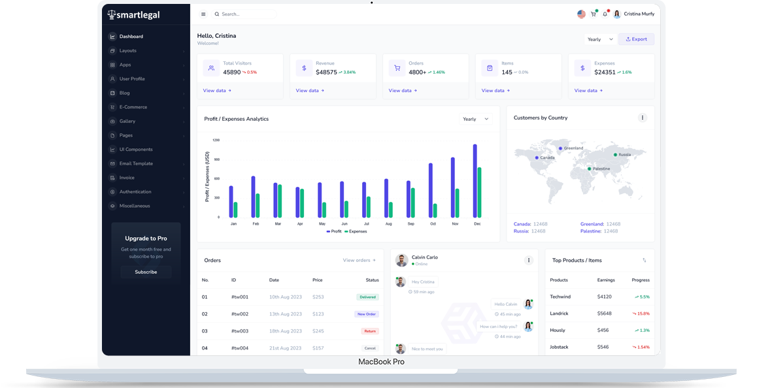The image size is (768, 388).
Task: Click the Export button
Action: pos(636,39)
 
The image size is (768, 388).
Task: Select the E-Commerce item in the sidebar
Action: pos(133,107)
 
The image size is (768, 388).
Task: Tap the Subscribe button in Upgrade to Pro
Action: pos(146,272)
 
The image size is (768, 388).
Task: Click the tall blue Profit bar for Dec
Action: pos(475,181)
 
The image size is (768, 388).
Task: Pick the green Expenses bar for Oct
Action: pos(435,210)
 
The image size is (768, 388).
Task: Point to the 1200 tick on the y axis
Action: pos(216,140)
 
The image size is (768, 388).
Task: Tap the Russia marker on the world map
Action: pos(615,155)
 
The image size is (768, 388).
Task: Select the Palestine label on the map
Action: pos(601,169)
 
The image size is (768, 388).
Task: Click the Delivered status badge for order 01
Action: pos(367,297)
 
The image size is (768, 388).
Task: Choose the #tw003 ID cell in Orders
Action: pos(240,331)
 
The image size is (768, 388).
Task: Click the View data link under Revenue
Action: pos(309,91)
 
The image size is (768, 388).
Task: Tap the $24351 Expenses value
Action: pos(605,73)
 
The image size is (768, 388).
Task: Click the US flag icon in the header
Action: pos(581,14)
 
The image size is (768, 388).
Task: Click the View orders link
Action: pos(359,260)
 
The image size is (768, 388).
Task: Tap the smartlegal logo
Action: pos(133,14)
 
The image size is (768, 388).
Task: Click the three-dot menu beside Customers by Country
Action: pos(642,118)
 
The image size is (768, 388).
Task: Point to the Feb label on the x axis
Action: pos(256,224)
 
